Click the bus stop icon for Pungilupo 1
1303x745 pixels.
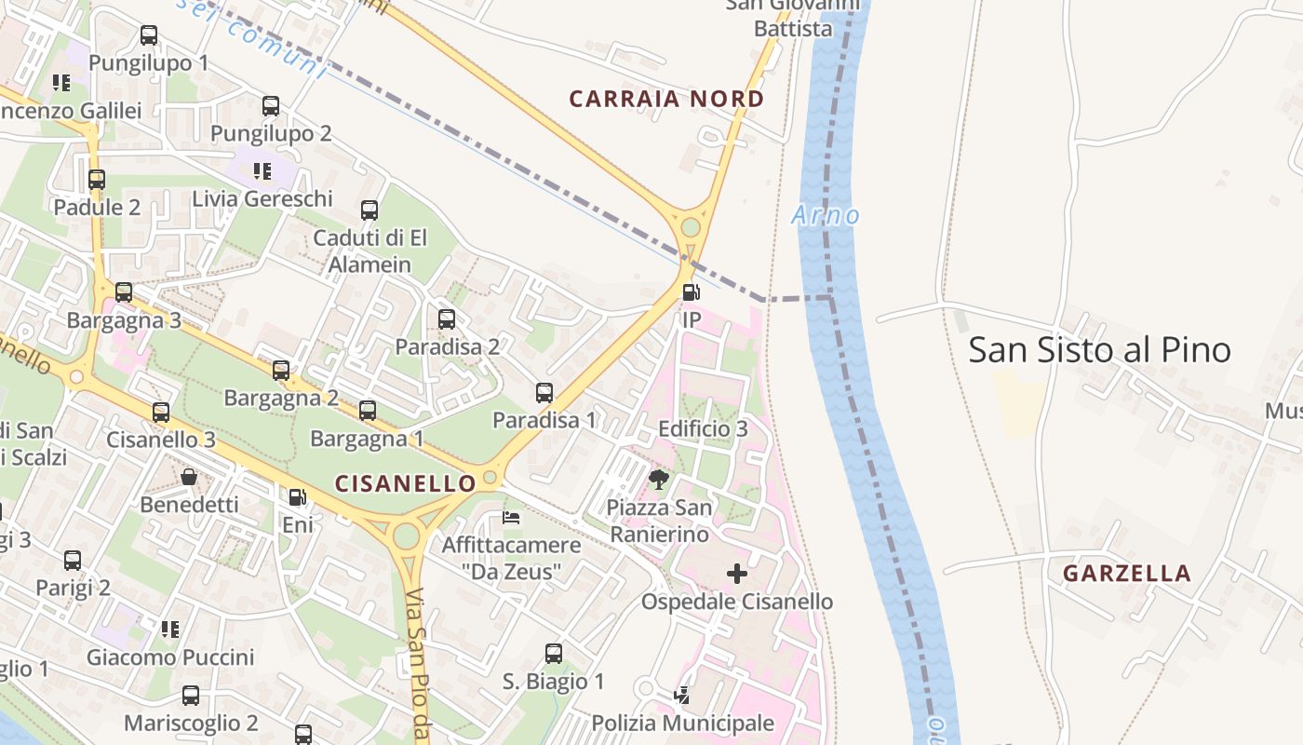coord(149,36)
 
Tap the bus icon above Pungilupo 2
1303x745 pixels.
coord(271,106)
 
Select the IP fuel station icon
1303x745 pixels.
coord(691,292)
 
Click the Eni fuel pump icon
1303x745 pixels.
coord(297,498)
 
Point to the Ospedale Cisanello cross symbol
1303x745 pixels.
coord(736,574)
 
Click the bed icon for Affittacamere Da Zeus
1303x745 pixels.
coord(511,517)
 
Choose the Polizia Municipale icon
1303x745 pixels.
coord(682,695)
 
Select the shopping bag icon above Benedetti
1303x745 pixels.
coord(189,478)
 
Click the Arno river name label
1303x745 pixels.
coord(825,216)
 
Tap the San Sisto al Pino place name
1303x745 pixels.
coord(1099,350)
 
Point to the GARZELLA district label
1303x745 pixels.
coord(1127,574)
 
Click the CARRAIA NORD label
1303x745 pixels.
coord(666,99)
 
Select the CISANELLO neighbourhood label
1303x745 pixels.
coord(405,483)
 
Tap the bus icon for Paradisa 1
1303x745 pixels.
coord(544,393)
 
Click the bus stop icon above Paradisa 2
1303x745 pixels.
coord(447,319)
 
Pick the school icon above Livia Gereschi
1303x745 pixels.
coord(262,171)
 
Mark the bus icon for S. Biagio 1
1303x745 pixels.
coord(554,654)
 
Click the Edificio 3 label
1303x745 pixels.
coord(703,429)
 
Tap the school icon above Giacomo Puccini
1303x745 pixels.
coord(169,630)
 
